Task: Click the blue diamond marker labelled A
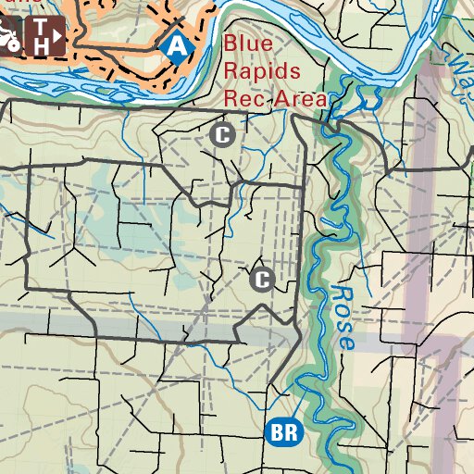(x=174, y=44)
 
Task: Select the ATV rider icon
(x=8, y=37)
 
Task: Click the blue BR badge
(x=283, y=431)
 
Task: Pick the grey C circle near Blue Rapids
(x=221, y=135)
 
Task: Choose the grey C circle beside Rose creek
(x=262, y=279)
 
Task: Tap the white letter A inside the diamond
(x=174, y=44)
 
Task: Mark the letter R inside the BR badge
(x=291, y=431)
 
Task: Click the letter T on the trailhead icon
(x=40, y=28)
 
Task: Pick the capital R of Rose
(x=339, y=295)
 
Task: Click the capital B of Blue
(x=230, y=44)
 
